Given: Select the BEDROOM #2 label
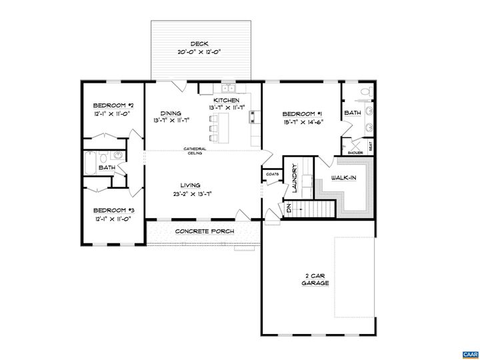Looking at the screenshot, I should (x=113, y=106).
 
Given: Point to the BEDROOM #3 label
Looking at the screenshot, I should (x=113, y=209).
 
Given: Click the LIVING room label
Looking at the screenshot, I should (x=190, y=185).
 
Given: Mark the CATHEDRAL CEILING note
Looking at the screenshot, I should (x=195, y=151).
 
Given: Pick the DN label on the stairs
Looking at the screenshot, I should (x=289, y=209).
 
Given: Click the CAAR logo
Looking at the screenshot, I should (x=469, y=352).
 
